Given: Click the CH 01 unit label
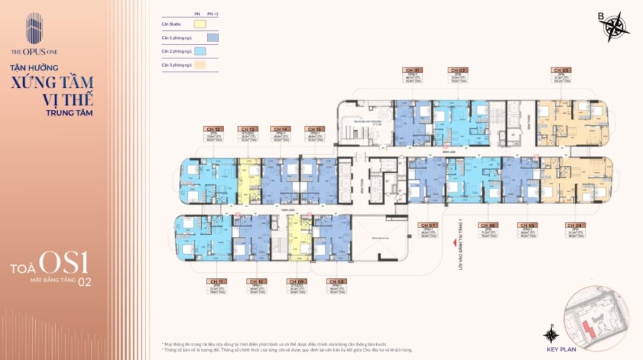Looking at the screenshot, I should (413, 70).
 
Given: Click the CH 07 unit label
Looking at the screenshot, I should (429, 225).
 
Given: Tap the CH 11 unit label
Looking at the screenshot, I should (213, 281).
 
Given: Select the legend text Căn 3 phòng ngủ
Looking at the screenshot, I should (175, 65).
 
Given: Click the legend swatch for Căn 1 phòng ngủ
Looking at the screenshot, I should (213, 38).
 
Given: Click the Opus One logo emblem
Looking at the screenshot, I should (34, 28).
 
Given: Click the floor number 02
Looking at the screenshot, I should (84, 282).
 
